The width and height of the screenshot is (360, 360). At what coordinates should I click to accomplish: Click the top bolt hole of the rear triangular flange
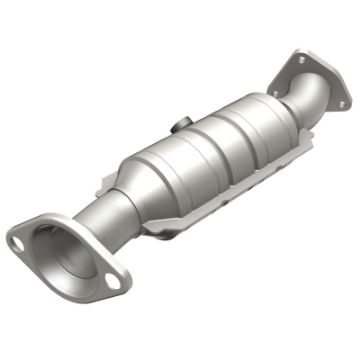(x=300, y=60)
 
